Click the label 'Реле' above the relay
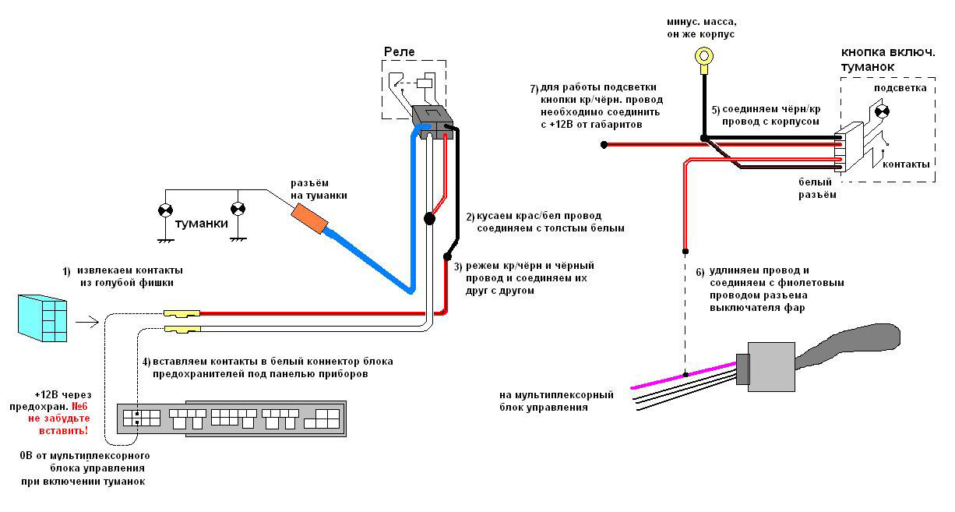point(399,51)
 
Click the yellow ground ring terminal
point(705,56)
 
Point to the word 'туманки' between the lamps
point(201,224)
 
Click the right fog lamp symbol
point(238,209)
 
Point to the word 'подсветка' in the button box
point(900,88)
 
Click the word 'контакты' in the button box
point(905,164)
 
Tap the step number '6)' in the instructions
point(700,272)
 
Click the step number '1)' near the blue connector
point(66,271)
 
